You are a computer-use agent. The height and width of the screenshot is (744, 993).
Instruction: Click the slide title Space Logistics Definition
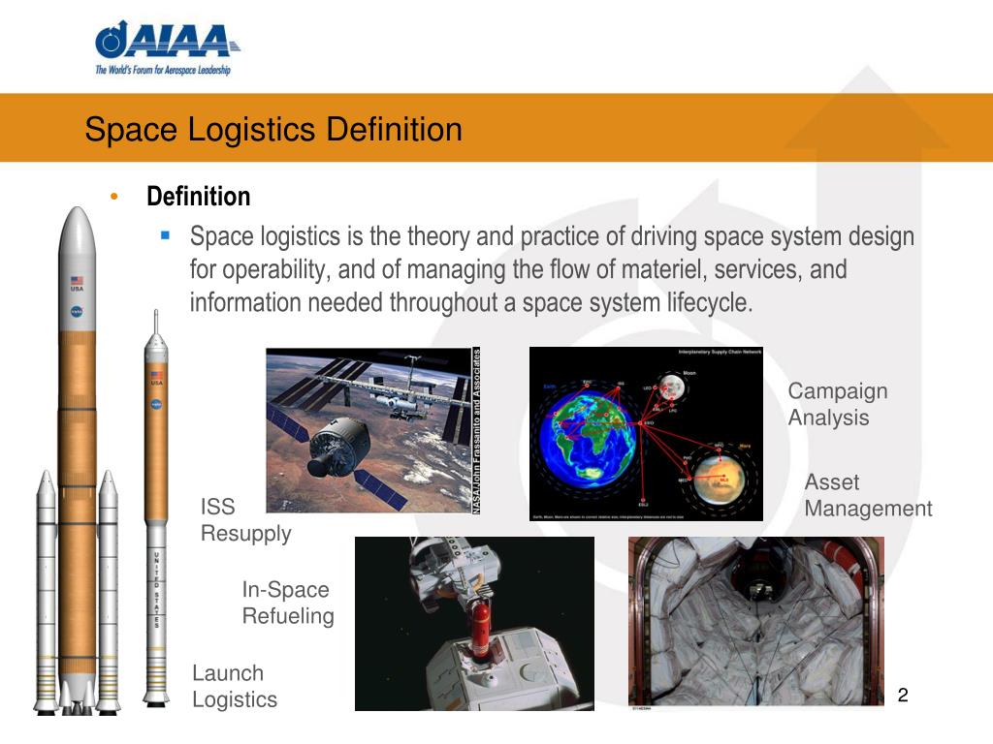[x=272, y=129]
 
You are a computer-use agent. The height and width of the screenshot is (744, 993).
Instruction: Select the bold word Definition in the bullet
[x=198, y=197]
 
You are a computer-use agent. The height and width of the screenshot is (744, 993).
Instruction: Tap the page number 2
[x=902, y=695]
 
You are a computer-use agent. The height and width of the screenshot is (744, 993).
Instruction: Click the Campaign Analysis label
[x=837, y=404]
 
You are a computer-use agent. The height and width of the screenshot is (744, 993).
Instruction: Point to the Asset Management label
[x=867, y=495]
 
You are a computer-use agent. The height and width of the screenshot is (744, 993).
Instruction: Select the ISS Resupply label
[x=244, y=520]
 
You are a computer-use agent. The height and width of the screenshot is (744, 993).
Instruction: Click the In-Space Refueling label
[x=287, y=603]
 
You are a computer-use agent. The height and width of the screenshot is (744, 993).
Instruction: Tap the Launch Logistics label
[x=234, y=686]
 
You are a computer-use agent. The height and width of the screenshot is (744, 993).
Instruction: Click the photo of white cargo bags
[x=755, y=620]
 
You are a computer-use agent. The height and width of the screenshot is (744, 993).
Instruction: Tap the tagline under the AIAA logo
[x=162, y=70]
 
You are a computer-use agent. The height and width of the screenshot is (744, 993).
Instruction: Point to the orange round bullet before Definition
[x=114, y=197]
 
